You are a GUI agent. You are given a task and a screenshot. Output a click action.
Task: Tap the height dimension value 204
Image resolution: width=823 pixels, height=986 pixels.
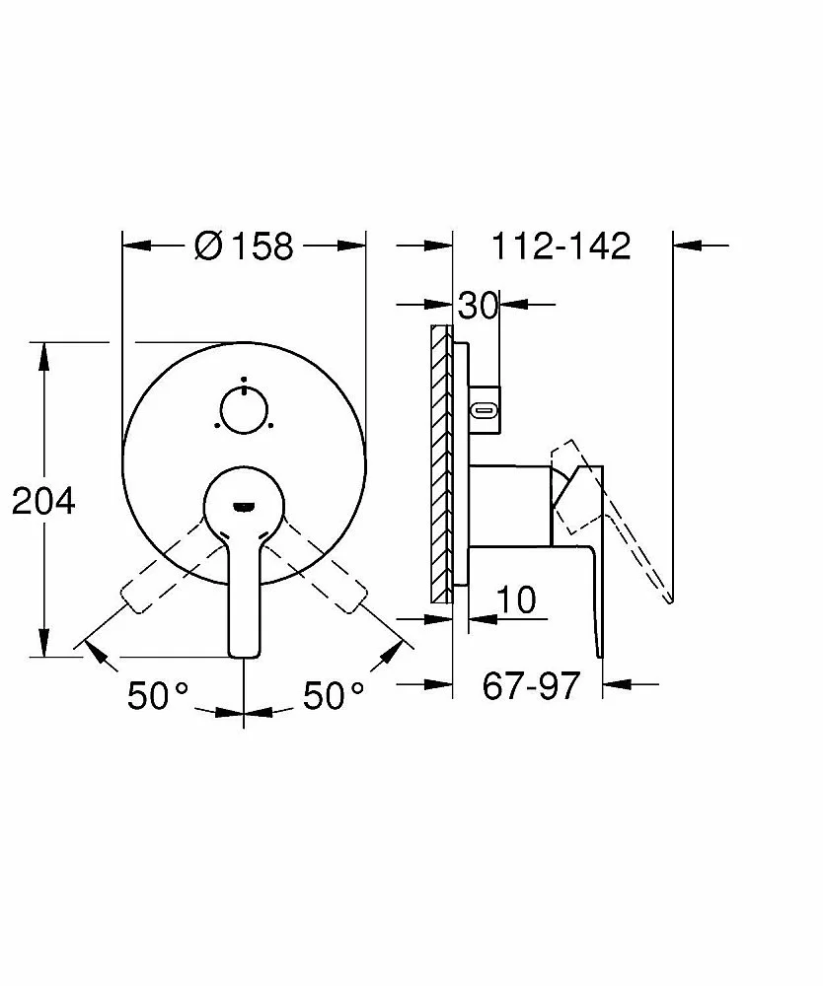pos(43,501)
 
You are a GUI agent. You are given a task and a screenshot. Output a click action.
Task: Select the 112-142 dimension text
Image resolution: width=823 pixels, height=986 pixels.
pos(561,246)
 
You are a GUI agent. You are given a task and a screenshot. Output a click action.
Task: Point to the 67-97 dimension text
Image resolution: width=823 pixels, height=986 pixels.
pos(531,685)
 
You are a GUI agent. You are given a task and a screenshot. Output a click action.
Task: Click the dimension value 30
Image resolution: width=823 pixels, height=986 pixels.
pos(479,306)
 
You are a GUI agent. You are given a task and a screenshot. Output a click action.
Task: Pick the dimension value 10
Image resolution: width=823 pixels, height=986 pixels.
pos(516,599)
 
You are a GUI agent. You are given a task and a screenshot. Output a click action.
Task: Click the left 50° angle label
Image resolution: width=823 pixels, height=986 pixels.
pos(157,695)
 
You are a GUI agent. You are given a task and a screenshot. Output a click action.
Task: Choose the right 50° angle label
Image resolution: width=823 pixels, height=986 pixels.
pos(334,695)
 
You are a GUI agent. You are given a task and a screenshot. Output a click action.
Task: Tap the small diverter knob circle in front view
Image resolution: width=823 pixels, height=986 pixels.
pos(244,409)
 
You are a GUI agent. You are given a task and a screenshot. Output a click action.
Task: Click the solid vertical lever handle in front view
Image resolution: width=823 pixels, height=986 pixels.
pos(244,598)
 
